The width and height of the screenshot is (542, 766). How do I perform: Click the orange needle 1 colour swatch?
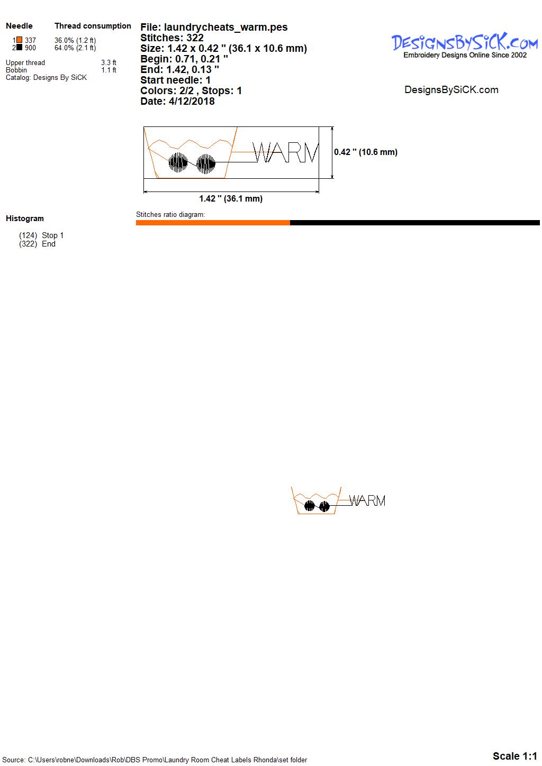[x=20, y=40]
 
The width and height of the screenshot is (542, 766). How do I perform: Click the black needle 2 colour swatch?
[x=20, y=47]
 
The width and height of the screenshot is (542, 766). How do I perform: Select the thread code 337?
[x=30, y=40]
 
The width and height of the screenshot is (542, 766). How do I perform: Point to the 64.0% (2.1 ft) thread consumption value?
[x=75, y=48]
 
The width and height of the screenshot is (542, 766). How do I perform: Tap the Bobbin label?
[x=16, y=70]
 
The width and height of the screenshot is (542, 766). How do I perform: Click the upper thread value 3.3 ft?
[x=109, y=62]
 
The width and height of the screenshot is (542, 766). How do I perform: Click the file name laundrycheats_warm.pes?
[x=226, y=28]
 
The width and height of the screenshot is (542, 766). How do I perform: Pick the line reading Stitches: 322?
[x=172, y=38]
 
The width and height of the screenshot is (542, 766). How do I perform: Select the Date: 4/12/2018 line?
[x=177, y=101]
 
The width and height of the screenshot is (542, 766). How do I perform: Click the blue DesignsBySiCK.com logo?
[x=465, y=42]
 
